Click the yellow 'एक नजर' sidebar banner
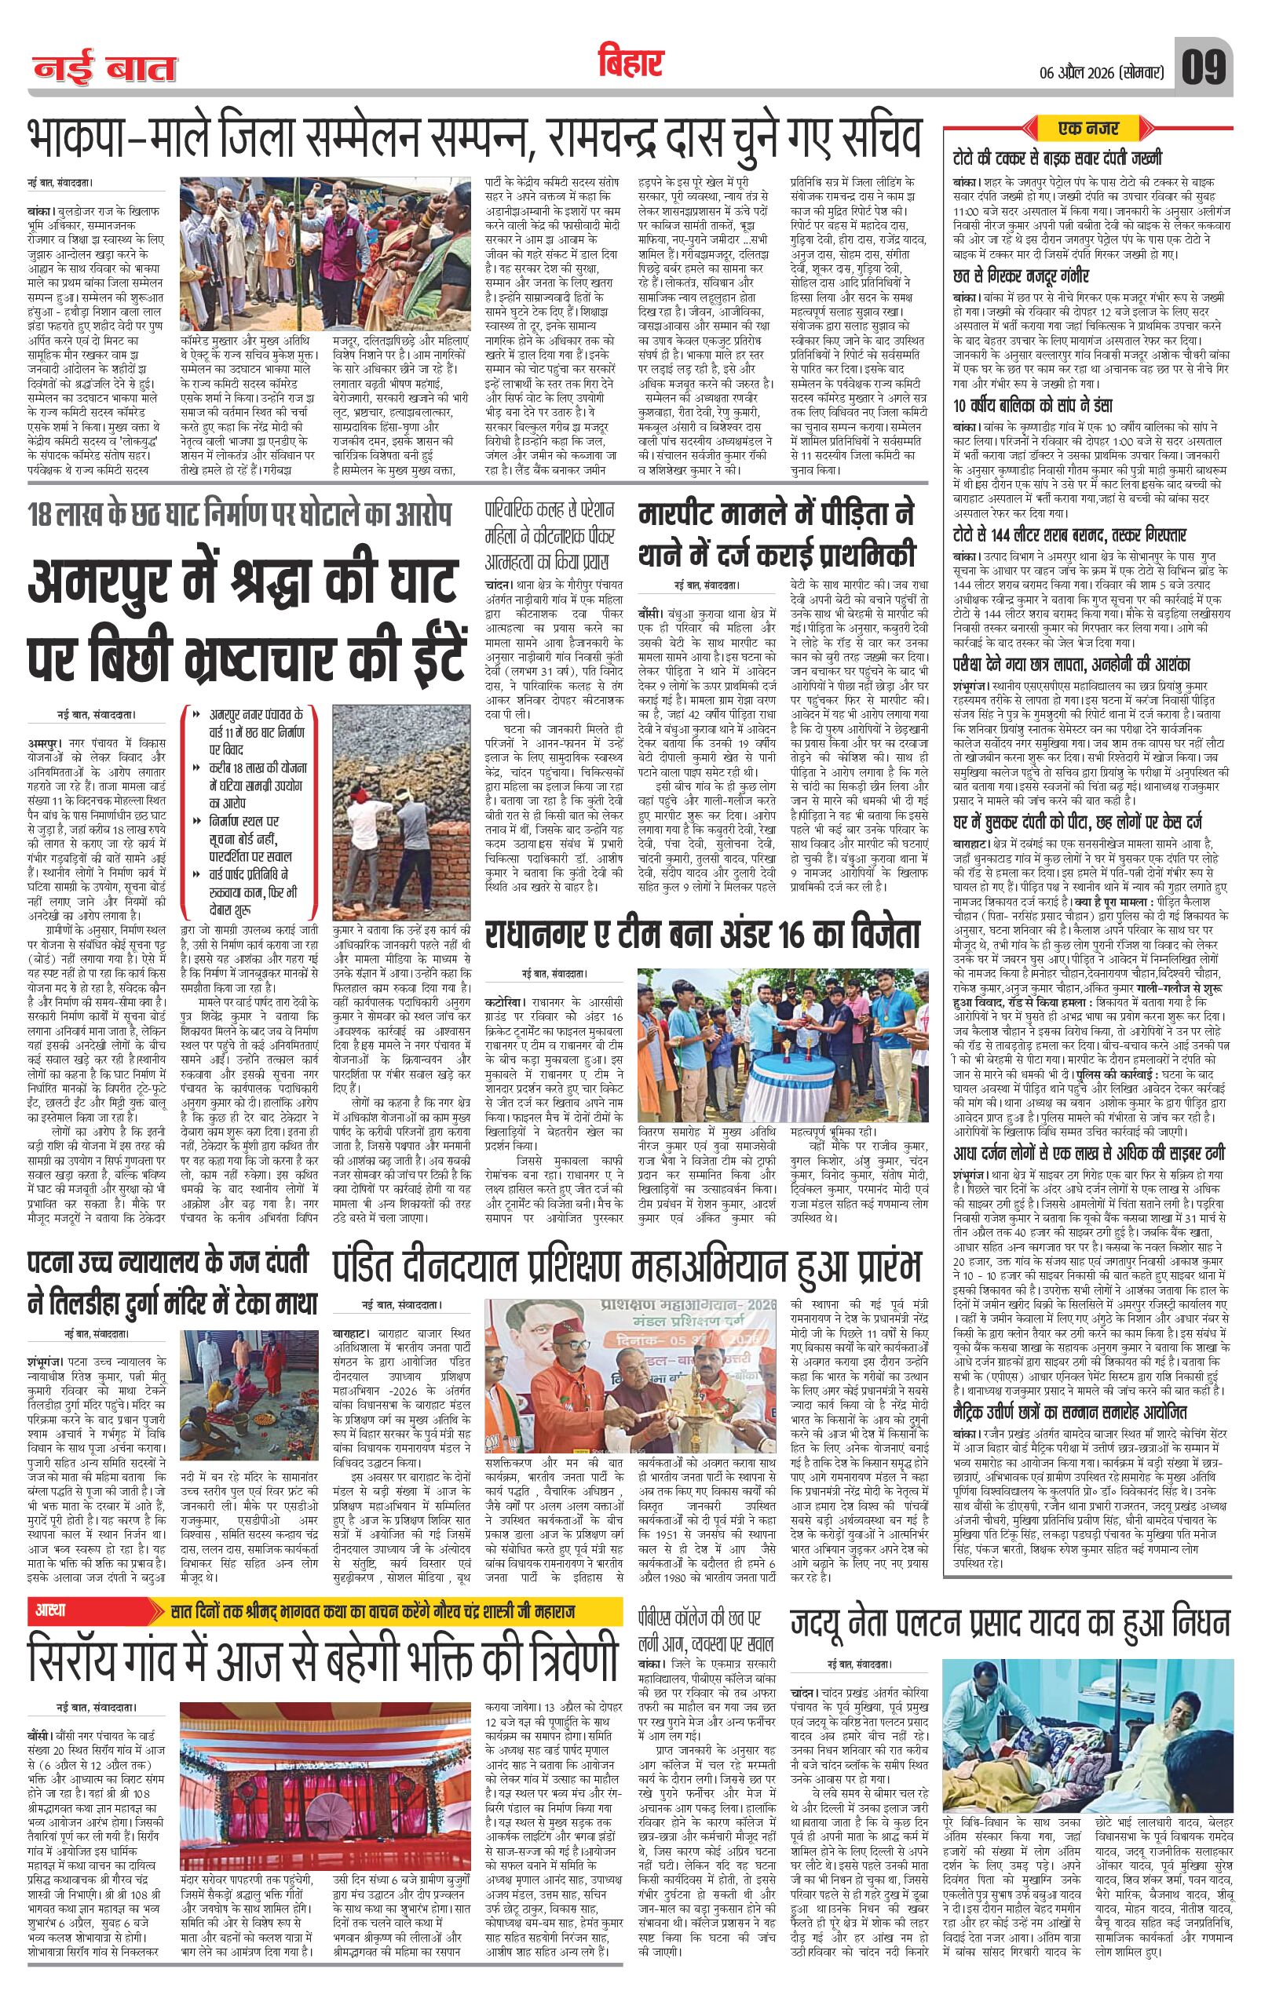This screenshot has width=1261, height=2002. click(x=1091, y=128)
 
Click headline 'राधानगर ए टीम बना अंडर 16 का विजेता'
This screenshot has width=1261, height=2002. click(x=704, y=935)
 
